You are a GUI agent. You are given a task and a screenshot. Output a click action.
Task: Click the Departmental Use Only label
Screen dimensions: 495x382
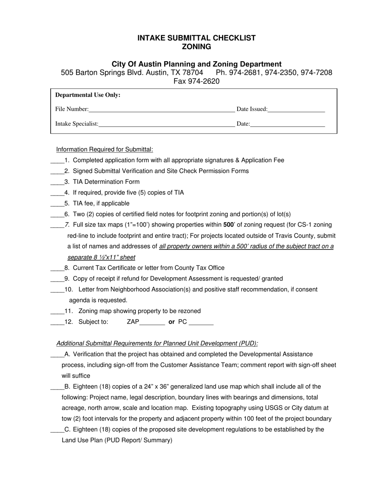(88, 95)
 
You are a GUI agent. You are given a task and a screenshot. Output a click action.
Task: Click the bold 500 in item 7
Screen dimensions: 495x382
(228, 225)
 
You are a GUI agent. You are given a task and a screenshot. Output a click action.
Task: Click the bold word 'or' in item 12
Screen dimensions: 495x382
(172, 322)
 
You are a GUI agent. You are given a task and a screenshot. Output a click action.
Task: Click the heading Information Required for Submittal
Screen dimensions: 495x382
(105, 149)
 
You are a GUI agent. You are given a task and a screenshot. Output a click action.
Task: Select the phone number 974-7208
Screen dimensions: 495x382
(316, 73)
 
